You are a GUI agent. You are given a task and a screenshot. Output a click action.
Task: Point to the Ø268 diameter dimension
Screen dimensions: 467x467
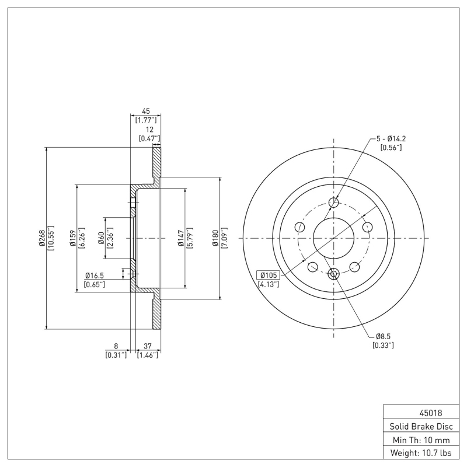pyautogui.click(x=42, y=238)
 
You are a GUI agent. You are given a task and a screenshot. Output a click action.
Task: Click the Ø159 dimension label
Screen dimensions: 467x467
pyautogui.click(x=73, y=238)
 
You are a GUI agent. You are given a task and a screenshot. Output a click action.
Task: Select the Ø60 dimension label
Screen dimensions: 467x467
pyautogui.click(x=101, y=238)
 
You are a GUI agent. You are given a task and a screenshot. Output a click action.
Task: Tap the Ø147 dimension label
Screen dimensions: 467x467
pyautogui.click(x=181, y=238)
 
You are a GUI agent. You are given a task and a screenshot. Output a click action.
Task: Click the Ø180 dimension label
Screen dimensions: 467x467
pyautogui.click(x=215, y=238)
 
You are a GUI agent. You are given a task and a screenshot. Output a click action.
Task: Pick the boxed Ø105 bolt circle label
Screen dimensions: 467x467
pyautogui.click(x=268, y=275)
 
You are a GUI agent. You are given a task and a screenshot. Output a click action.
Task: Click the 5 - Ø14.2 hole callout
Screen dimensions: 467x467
pyautogui.click(x=391, y=138)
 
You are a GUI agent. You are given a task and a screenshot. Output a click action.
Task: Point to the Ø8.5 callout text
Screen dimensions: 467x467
pyautogui.click(x=382, y=336)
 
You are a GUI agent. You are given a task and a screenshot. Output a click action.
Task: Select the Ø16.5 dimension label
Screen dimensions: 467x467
pyautogui.click(x=95, y=275)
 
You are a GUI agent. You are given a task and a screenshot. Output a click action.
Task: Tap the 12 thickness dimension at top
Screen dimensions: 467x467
pyautogui.click(x=150, y=130)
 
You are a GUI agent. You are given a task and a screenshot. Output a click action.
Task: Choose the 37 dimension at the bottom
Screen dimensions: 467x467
pyautogui.click(x=147, y=346)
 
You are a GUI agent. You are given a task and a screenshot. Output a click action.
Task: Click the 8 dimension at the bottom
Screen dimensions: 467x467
pyautogui.click(x=116, y=346)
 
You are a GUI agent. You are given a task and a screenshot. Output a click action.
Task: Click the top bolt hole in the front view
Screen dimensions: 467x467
pyautogui.click(x=334, y=203)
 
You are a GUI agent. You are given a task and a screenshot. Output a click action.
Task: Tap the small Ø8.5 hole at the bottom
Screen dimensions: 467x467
pyautogui.click(x=334, y=273)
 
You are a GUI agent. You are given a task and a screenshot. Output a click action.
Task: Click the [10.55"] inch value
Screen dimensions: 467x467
pyautogui.click(x=51, y=238)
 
